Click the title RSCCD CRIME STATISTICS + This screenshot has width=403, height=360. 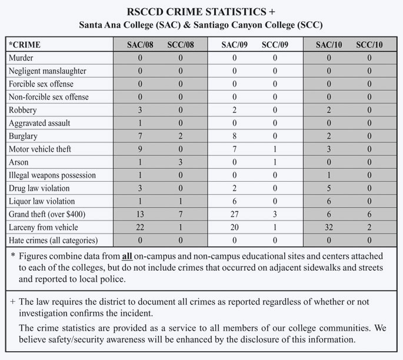(x=201, y=12)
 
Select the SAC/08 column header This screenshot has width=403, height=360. (x=140, y=45)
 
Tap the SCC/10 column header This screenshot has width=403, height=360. (x=369, y=45)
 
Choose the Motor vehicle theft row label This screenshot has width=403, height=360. (x=39, y=149)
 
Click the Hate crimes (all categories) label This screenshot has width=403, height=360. (x=52, y=240)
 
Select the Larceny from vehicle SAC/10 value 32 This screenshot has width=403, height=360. (x=329, y=227)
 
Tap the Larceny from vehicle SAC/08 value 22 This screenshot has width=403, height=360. (x=139, y=227)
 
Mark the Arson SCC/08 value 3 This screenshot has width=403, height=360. (x=181, y=162)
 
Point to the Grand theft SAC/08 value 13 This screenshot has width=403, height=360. (x=139, y=214)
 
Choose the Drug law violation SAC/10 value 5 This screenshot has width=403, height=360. (x=329, y=188)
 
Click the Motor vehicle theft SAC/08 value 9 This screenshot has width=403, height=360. (x=139, y=149)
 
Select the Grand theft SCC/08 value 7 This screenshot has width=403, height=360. (x=181, y=214)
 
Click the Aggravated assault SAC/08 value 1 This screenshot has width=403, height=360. (x=139, y=123)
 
